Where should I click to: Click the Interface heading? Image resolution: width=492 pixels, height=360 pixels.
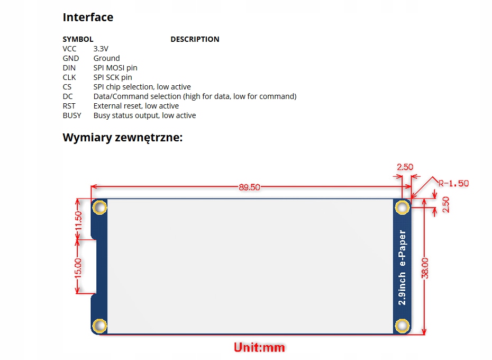[x=88, y=17]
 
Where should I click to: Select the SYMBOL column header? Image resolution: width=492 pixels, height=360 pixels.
[x=78, y=39]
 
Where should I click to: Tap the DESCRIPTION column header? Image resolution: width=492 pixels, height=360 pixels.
[x=195, y=39]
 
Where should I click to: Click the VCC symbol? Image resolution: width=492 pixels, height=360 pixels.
[x=69, y=49]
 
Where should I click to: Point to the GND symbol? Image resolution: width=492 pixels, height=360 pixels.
[x=70, y=58]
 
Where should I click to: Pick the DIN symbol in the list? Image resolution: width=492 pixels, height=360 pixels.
[x=69, y=68]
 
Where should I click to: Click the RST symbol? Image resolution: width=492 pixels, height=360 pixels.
[x=69, y=106]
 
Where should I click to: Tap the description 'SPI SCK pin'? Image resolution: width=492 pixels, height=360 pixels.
[x=113, y=77]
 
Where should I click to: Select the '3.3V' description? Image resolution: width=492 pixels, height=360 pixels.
[x=101, y=49]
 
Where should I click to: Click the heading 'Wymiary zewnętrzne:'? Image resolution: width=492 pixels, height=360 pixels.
[x=123, y=138]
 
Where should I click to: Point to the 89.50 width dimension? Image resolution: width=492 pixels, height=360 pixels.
[x=249, y=187]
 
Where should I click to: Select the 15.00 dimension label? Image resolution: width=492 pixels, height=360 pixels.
[x=78, y=268]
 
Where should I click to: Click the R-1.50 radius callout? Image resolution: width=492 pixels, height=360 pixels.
[x=453, y=184]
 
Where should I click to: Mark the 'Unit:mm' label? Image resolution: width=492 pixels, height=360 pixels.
[x=259, y=347]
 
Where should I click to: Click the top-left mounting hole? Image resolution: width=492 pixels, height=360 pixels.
[x=98, y=207]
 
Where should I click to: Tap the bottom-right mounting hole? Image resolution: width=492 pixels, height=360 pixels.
[x=403, y=325]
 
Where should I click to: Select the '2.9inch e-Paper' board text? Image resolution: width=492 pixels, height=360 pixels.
[x=403, y=267]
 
